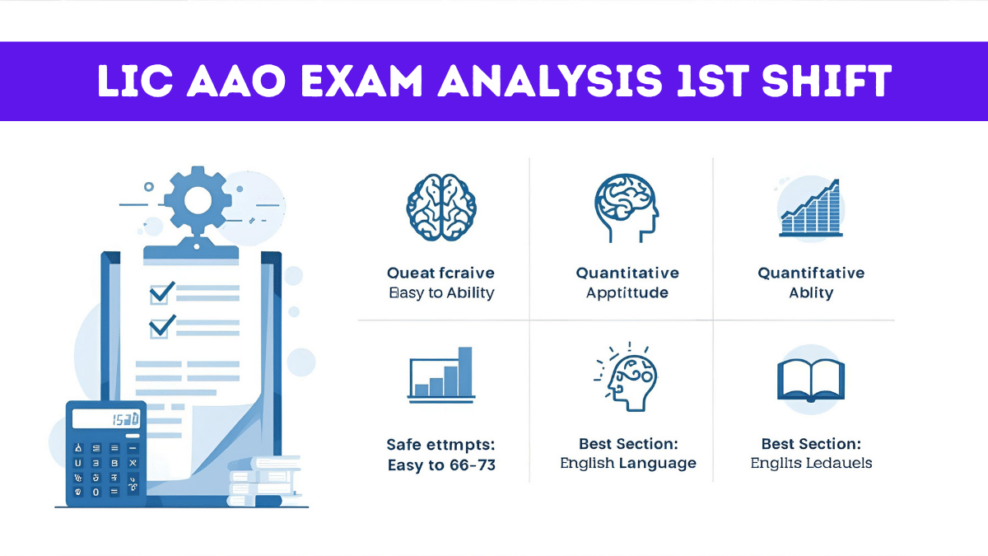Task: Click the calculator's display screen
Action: point(105,419)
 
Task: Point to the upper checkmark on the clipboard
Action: point(161,292)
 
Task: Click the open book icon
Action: point(810,380)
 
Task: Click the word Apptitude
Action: point(627,293)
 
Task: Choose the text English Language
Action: point(628,463)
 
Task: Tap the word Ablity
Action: point(811,293)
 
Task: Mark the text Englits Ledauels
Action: point(811,463)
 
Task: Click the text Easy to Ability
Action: point(441,293)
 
